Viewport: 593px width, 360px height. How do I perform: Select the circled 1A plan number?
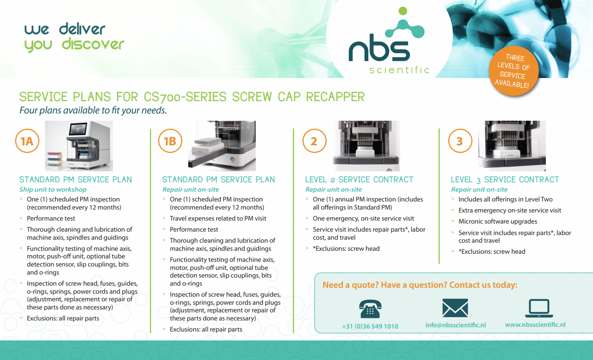click(x=27, y=141)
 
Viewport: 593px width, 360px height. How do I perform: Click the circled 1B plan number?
click(x=170, y=141)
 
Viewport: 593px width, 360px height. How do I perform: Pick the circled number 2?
click(x=314, y=141)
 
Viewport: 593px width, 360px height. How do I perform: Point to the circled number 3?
click(x=460, y=141)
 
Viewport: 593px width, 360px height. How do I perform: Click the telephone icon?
click(x=370, y=309)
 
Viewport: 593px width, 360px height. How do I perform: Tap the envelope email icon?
click(x=455, y=308)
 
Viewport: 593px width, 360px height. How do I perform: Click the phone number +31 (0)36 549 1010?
click(x=370, y=326)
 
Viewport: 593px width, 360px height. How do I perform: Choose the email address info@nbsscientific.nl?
click(x=455, y=325)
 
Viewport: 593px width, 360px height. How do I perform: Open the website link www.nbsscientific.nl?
click(x=535, y=325)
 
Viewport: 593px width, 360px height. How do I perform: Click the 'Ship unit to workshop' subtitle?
click(x=53, y=190)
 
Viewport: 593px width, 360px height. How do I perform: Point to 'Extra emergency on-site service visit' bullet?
click(x=510, y=210)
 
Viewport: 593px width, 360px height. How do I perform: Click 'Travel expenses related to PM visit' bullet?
click(x=218, y=218)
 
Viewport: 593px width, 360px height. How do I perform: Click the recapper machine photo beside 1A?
click(x=79, y=145)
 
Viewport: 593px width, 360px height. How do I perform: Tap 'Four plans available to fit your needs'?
click(x=93, y=111)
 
